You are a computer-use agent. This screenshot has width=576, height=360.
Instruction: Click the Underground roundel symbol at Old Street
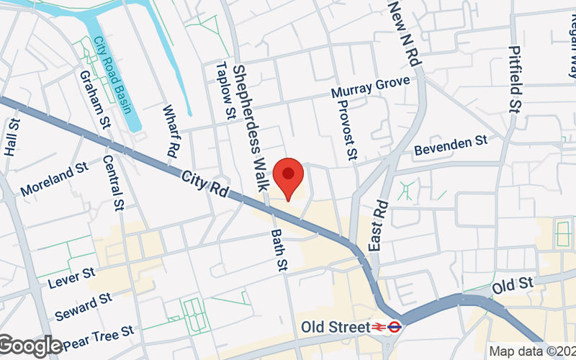(x=394, y=326)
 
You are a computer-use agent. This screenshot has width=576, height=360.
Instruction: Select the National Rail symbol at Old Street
(x=377, y=326)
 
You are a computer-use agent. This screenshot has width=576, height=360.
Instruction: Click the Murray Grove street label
(x=376, y=87)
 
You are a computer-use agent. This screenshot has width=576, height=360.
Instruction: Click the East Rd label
(x=379, y=225)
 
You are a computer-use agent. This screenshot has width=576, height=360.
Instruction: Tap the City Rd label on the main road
(x=204, y=185)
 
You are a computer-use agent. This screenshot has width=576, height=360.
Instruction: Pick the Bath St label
(x=279, y=251)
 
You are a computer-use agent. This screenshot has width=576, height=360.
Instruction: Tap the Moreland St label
(x=54, y=180)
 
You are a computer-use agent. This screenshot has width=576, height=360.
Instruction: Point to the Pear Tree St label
(x=99, y=333)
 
